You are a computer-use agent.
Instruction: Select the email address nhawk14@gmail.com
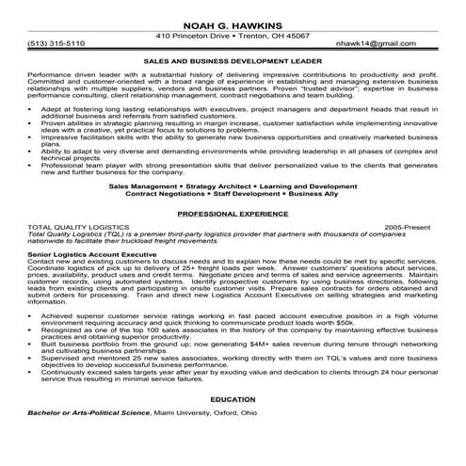(397, 43)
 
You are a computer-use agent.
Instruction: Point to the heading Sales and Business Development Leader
(233, 58)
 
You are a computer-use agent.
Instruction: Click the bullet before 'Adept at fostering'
(33, 109)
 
